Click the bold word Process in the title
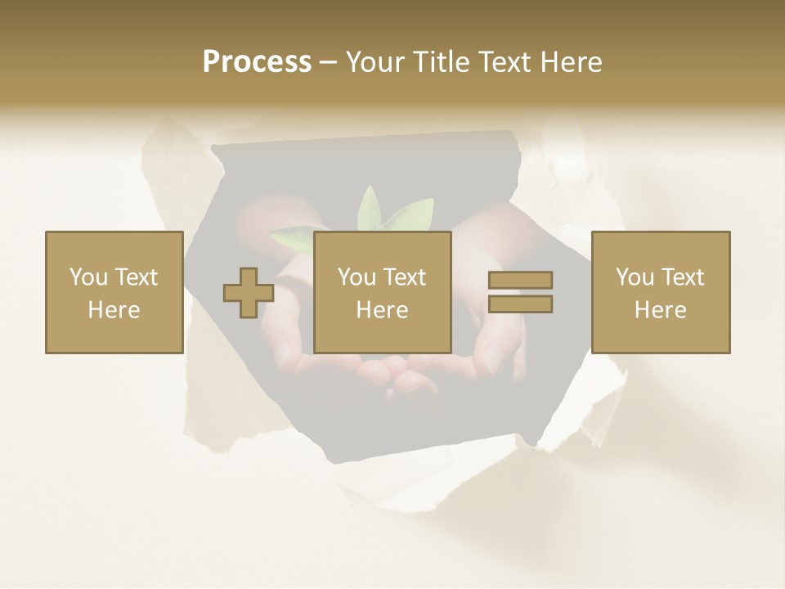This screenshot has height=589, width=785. [257, 62]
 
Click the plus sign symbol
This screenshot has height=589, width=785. [249, 293]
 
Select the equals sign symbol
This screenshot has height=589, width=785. [520, 292]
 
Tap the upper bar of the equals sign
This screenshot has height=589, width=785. [520, 280]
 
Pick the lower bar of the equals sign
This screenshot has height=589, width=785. [520, 304]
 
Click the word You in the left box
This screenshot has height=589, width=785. [87, 277]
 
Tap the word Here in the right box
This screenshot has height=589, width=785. [661, 310]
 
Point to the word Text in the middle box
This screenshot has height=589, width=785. [404, 277]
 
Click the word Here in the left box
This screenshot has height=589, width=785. [114, 310]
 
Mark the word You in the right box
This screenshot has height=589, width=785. [634, 277]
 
